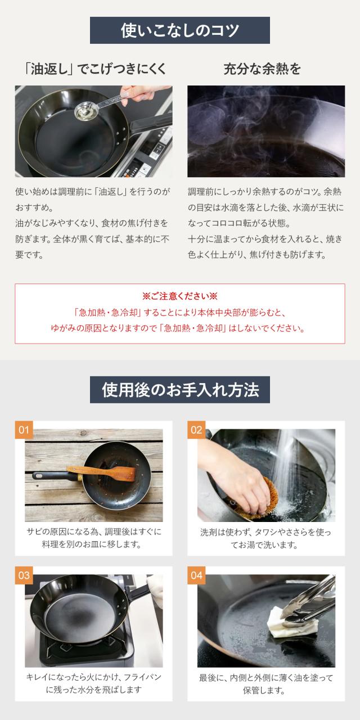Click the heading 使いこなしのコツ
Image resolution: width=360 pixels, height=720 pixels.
180,30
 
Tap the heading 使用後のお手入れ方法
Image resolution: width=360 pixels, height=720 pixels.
180,390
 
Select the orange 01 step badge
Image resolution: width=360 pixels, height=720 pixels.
24,429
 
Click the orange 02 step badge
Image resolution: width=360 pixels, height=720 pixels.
196,429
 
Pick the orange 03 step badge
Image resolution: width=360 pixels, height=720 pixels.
24,575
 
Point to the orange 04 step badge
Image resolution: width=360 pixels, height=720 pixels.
196,575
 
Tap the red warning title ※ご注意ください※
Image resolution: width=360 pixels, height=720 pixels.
180,296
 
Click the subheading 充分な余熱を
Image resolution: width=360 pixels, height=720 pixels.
262,69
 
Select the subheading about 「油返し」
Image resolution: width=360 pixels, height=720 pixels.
95,69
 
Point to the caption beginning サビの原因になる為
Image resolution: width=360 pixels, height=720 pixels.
94,538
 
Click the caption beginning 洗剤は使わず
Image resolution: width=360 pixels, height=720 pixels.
265,539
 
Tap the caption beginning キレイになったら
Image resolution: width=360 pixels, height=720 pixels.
94,684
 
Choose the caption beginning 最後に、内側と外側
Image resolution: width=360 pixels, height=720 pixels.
266,684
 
